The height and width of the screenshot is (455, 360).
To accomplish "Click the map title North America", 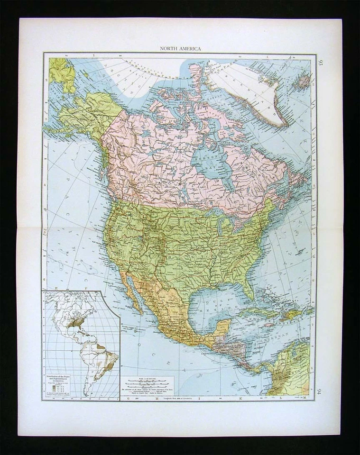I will pyautogui.click(x=180, y=49).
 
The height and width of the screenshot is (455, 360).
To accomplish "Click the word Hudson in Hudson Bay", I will pyautogui.click(x=205, y=159).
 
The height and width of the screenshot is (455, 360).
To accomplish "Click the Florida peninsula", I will pyautogui.click(x=247, y=284).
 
